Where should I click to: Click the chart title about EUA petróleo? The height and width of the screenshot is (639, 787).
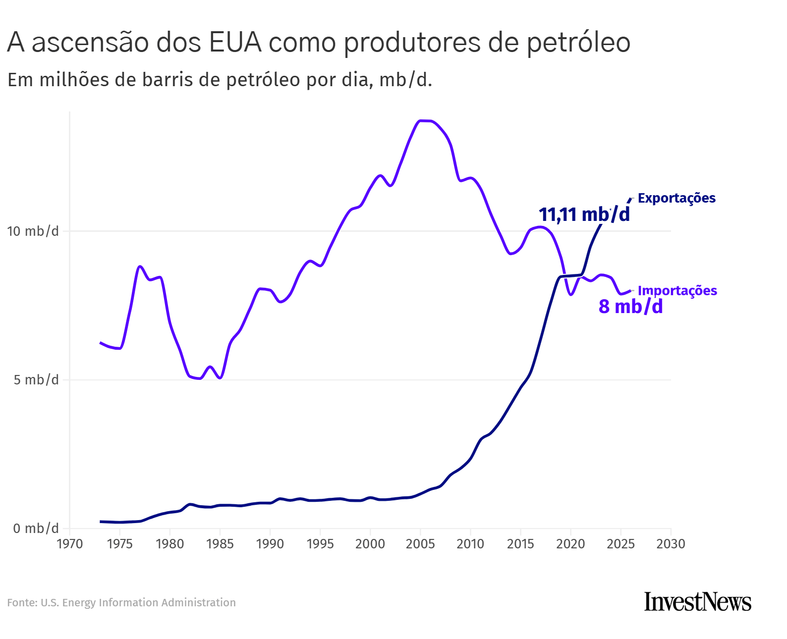(318, 42)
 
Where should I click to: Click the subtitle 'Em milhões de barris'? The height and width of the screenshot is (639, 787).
(220, 80)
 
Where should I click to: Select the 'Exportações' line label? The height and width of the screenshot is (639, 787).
(676, 198)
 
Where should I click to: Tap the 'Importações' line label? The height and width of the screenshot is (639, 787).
(677, 291)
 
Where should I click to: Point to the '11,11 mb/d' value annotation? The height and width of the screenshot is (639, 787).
(584, 214)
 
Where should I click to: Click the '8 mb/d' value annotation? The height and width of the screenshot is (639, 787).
(630, 307)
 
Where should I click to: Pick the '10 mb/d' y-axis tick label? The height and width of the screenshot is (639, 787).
(33, 231)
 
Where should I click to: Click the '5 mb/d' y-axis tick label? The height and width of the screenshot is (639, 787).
(36, 380)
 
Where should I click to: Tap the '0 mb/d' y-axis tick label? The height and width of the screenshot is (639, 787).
(36, 529)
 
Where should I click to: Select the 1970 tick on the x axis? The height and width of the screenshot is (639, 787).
(69, 544)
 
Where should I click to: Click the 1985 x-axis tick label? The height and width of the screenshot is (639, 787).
(220, 544)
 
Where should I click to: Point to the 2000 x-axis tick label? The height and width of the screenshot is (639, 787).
(370, 544)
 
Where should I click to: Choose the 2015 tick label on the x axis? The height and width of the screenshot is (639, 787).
(520, 544)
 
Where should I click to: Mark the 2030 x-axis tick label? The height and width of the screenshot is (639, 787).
(671, 544)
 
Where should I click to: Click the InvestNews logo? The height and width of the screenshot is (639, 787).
(697, 601)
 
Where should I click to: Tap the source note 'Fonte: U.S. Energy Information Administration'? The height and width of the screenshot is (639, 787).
(121, 603)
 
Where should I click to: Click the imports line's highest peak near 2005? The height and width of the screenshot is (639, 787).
(425, 120)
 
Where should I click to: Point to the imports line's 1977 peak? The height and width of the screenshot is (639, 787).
(140, 266)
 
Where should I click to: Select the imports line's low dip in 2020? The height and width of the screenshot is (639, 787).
(571, 295)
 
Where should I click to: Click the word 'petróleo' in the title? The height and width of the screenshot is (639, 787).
(578, 42)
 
